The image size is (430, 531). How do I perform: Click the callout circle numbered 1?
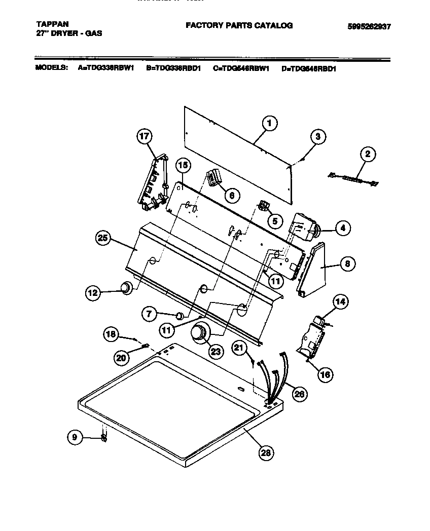point(269,123)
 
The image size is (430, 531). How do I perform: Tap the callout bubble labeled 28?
point(265,453)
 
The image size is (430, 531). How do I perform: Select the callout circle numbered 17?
point(145,136)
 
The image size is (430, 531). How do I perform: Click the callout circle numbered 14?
point(340,302)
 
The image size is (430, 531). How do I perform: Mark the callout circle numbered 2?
point(368,154)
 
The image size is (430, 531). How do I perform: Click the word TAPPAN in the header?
point(53,23)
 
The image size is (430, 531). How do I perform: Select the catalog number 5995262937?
point(370,27)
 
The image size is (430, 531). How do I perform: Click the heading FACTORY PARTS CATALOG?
point(239,25)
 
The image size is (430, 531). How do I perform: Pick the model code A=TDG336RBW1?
point(106,68)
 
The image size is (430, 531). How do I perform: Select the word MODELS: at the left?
point(51,68)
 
